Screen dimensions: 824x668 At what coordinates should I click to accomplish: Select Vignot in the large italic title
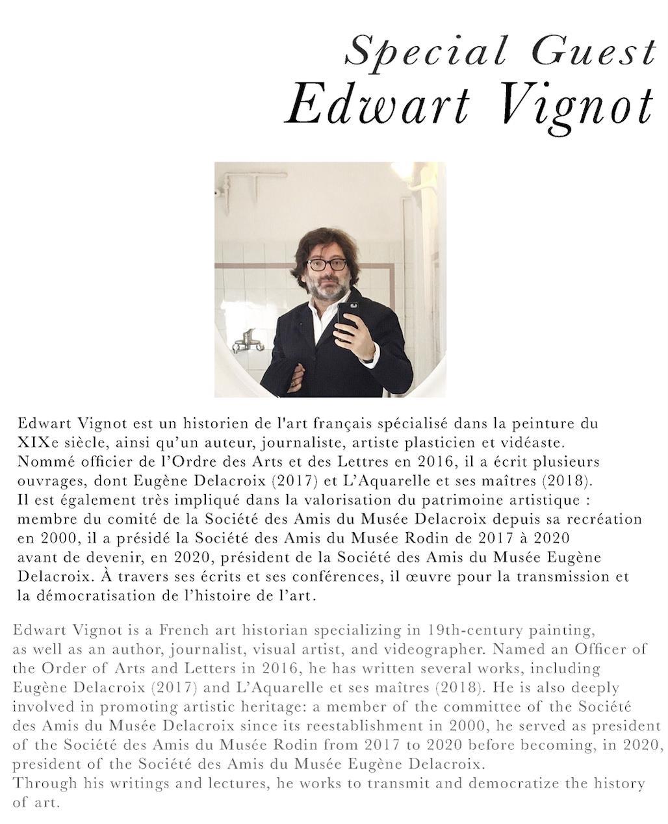pos(577,104)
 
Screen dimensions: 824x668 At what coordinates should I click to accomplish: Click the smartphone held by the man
pos(348,317)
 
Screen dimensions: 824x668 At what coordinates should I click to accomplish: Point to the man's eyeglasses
pos(327,264)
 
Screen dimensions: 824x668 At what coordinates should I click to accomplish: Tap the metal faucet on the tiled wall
pos(247,341)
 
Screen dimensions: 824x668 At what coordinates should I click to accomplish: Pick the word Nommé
pos(42,462)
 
